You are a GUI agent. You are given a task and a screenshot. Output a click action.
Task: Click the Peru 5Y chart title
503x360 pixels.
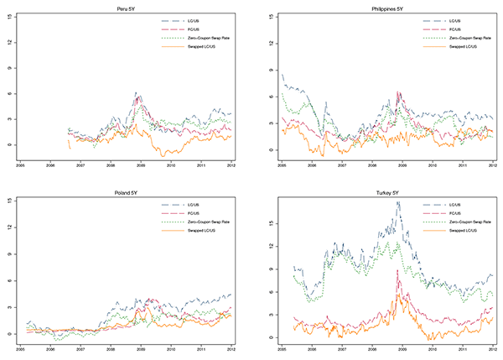pyautogui.click(x=129, y=8)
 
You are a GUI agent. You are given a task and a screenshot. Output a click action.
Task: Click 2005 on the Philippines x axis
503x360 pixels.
pyautogui.click(x=283, y=165)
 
